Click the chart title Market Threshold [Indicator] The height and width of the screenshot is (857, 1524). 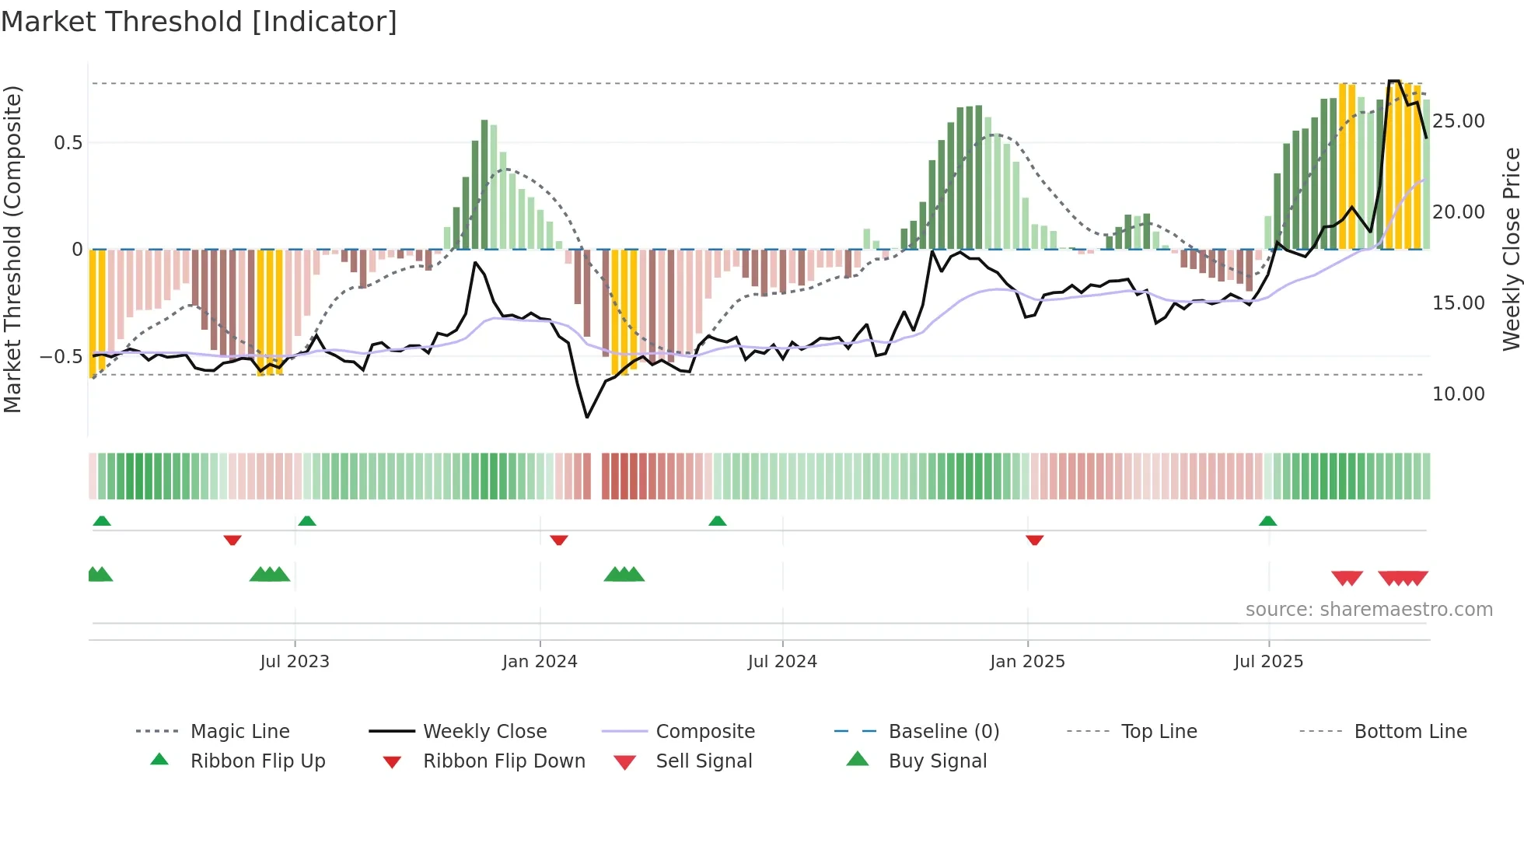(x=199, y=22)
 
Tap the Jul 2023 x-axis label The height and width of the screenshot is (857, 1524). (x=295, y=662)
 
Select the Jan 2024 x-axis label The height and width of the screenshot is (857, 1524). (x=540, y=662)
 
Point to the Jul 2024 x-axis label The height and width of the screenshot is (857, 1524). (x=782, y=662)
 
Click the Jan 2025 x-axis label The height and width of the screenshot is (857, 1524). (x=1027, y=662)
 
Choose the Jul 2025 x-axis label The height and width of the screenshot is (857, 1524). (x=1268, y=662)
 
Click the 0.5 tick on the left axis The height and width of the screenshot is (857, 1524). (x=68, y=143)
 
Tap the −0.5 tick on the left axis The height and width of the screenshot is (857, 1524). (x=61, y=357)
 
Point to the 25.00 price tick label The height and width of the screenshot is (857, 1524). (x=1458, y=121)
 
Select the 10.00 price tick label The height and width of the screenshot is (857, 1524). (x=1458, y=394)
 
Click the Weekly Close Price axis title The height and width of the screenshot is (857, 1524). (x=1511, y=249)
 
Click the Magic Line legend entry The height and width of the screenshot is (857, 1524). (x=239, y=732)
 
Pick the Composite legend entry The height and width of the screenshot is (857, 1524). (x=704, y=732)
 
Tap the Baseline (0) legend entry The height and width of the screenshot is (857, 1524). (x=943, y=732)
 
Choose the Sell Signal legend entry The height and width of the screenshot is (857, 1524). (x=704, y=761)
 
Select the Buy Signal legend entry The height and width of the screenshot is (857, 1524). (x=937, y=761)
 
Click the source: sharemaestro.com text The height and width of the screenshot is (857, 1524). (x=1368, y=610)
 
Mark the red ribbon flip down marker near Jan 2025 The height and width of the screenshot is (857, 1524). (x=1034, y=540)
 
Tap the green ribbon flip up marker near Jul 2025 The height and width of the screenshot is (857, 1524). (x=1267, y=521)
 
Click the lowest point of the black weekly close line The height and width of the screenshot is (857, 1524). (x=587, y=418)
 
